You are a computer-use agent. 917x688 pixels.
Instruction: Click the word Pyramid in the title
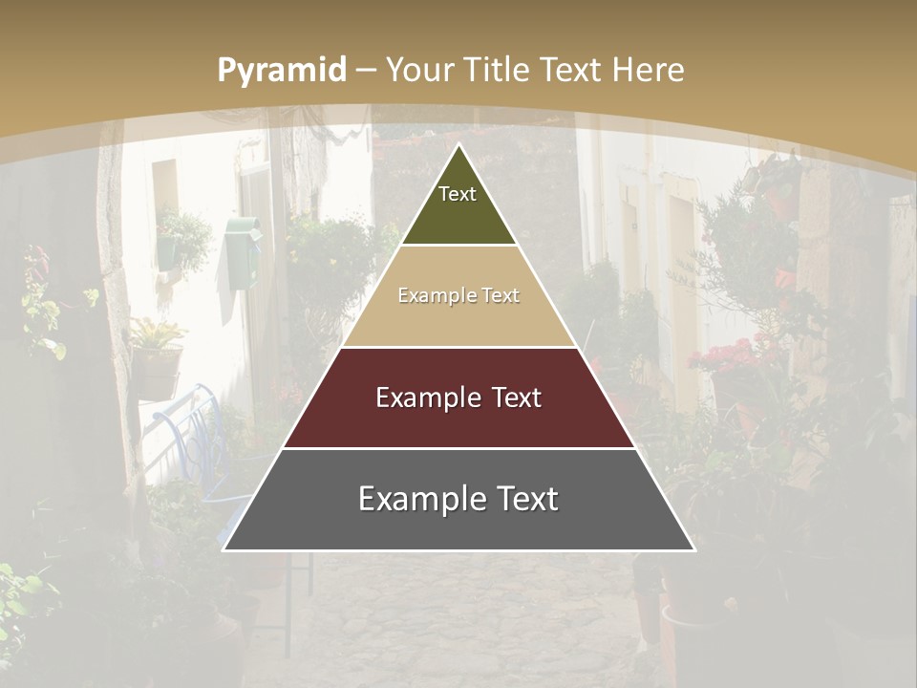[x=282, y=71]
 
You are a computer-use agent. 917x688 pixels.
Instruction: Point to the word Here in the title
[x=649, y=71]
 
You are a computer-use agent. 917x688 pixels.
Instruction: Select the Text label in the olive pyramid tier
[x=458, y=194]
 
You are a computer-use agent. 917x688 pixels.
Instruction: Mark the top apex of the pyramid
[x=458, y=144]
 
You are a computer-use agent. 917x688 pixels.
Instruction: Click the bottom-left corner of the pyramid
[x=224, y=549]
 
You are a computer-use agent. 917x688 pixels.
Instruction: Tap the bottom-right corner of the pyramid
[x=694, y=549]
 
